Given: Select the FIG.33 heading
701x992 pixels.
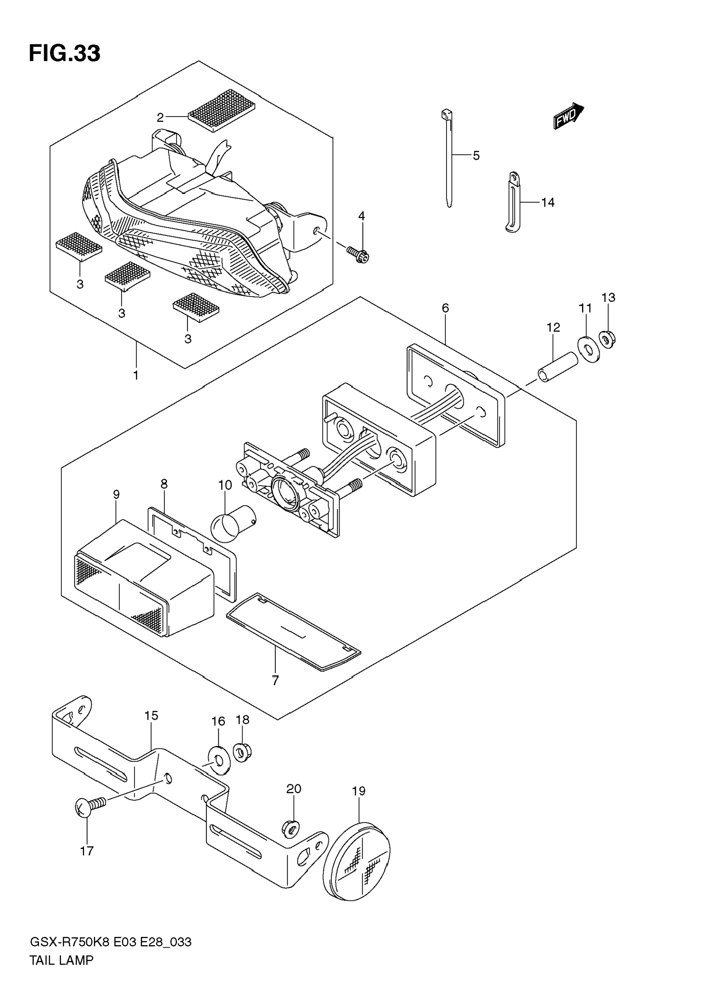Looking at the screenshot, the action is pyautogui.click(x=65, y=54).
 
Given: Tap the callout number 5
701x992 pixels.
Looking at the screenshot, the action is pyautogui.click(x=476, y=156).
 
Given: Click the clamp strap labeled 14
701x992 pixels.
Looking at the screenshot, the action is pyautogui.click(x=513, y=202).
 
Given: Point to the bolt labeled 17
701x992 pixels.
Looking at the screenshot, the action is pyautogui.click(x=90, y=806).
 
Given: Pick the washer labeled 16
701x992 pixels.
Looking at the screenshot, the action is pyautogui.click(x=219, y=760).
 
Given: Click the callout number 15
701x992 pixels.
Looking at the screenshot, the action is pyautogui.click(x=151, y=716).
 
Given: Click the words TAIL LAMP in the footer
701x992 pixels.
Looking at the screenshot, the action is pyautogui.click(x=62, y=960).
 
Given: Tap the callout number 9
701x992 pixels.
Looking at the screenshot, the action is pyautogui.click(x=116, y=495).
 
